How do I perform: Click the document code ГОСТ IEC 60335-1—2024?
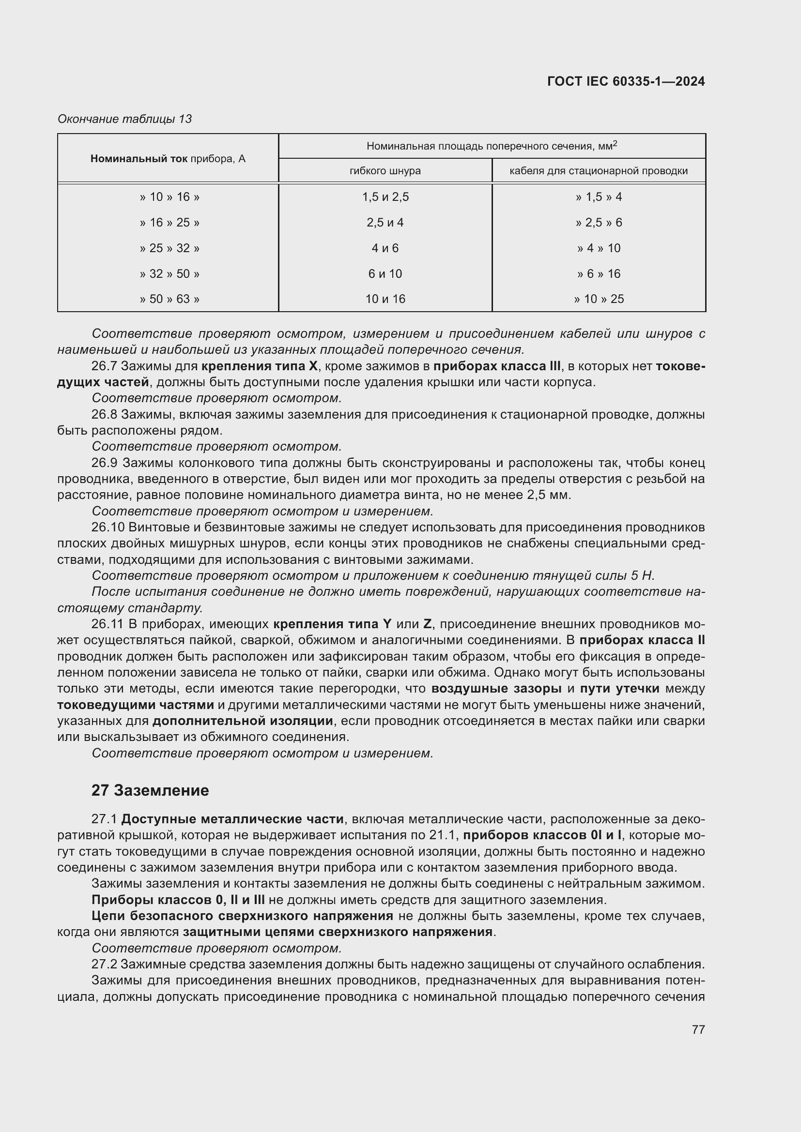[625, 81]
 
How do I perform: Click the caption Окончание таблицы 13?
[124, 119]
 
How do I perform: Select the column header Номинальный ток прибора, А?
[168, 159]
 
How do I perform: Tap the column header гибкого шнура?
[385, 171]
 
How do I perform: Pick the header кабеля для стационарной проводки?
[598, 171]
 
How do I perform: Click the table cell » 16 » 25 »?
[169, 222]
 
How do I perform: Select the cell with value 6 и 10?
[385, 273]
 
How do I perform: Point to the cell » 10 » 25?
[598, 299]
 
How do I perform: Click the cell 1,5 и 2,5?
[385, 197]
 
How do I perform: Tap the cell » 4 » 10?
[598, 248]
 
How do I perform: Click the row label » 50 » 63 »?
[169, 299]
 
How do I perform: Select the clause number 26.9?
[104, 463]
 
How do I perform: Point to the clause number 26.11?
[107, 624]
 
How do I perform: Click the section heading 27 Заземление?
[150, 790]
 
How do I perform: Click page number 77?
[698, 1029]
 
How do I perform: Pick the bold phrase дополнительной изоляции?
[243, 721]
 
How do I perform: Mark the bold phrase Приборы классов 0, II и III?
[178, 900]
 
